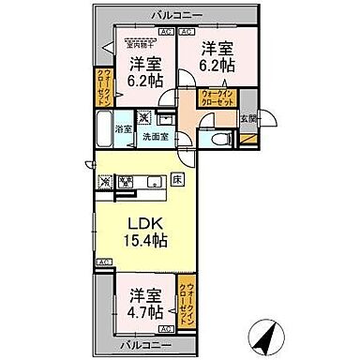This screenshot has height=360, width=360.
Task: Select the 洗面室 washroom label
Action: point(155,136)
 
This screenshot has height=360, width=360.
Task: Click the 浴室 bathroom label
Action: point(124,129)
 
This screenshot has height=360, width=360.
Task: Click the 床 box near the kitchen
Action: point(175,178)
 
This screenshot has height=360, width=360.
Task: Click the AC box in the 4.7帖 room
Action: point(166,329)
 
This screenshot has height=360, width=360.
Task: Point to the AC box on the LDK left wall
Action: point(101,261)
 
